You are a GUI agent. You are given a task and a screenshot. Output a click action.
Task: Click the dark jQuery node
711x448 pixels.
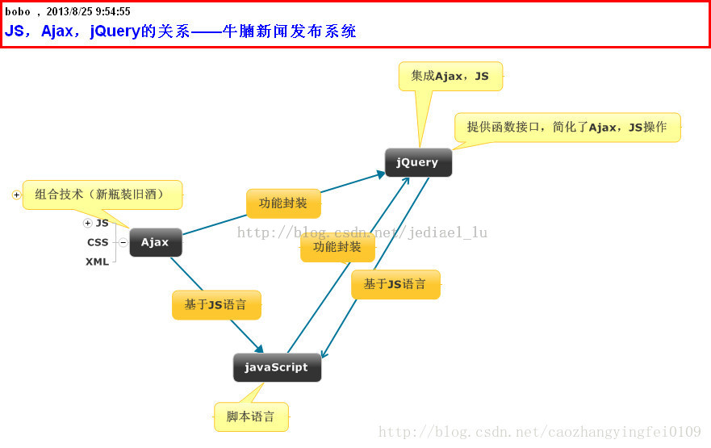click(x=418, y=162)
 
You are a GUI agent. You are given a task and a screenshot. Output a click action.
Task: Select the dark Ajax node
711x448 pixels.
click(x=156, y=242)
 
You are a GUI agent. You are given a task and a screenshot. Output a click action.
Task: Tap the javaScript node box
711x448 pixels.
click(x=277, y=367)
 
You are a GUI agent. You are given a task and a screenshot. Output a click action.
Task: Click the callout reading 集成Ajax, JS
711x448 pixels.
click(x=450, y=76)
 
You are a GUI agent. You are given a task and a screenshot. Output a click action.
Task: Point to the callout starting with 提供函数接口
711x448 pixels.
click(x=567, y=128)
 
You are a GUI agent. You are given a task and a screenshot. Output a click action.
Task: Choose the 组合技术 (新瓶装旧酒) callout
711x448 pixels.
click(x=102, y=195)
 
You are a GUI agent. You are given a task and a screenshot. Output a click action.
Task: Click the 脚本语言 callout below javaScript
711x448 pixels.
click(x=251, y=417)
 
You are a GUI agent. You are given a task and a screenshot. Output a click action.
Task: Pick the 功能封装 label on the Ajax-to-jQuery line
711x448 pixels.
click(x=283, y=203)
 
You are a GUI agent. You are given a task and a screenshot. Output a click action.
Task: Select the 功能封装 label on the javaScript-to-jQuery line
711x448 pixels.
click(x=337, y=248)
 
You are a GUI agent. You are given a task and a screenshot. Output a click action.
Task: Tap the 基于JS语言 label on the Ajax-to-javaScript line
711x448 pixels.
click(x=216, y=305)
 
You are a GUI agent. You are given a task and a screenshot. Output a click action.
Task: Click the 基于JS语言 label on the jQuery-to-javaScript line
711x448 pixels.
click(x=395, y=285)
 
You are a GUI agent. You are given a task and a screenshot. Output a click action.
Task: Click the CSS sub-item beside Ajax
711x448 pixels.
click(x=98, y=243)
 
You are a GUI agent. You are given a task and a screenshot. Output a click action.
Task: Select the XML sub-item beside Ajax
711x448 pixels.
click(x=98, y=262)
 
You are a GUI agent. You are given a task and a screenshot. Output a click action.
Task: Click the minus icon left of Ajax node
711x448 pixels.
click(x=123, y=243)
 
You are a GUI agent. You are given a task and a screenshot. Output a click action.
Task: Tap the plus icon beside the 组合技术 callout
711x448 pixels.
click(x=16, y=195)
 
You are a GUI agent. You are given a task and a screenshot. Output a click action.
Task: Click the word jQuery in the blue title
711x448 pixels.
click(x=115, y=31)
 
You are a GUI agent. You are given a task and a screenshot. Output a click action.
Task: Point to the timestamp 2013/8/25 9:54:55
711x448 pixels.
click(x=89, y=11)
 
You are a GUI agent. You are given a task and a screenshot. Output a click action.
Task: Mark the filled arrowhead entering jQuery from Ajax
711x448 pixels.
click(x=381, y=174)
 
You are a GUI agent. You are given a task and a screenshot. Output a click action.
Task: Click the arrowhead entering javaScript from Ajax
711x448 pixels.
click(x=259, y=348)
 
